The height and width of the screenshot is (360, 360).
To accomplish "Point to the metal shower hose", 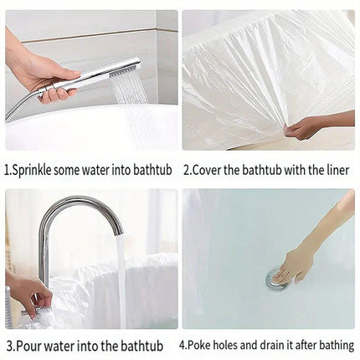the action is pos(19,107).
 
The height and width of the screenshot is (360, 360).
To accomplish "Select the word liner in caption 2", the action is pos(338,170).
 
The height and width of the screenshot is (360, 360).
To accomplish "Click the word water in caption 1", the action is pos(95,170).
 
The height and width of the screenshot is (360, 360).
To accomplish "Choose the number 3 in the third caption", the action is pos(10,347).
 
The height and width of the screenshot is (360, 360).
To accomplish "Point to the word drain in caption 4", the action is pos(273,346).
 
